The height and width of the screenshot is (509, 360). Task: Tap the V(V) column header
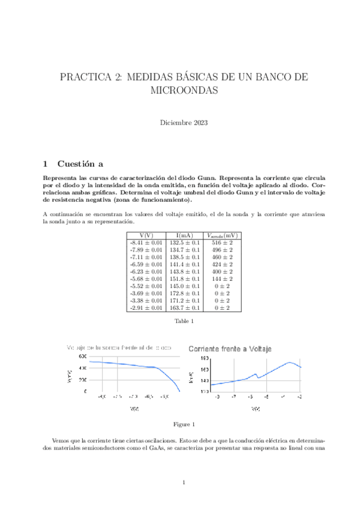pos(146,235)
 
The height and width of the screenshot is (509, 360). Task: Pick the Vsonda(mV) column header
pos(222,235)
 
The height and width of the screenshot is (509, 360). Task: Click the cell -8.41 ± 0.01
pos(146,242)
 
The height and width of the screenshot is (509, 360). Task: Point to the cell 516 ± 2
pos(222,242)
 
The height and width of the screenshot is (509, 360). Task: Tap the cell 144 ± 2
pos(222,279)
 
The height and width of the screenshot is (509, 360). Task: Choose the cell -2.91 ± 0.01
pos(146,307)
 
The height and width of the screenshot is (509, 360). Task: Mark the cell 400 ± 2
pos(222,271)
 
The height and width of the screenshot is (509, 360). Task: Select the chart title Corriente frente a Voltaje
pos(231,349)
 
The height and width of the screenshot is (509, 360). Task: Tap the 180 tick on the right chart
pos(205,359)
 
